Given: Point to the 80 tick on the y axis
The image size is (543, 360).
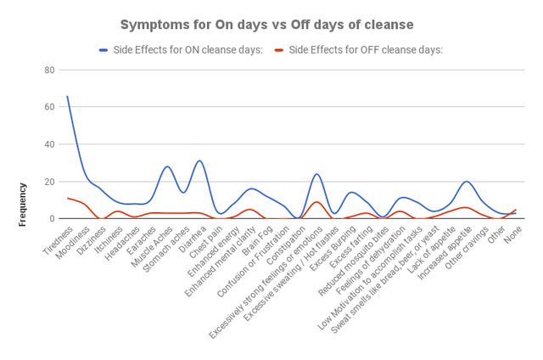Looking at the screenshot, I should pos(50,70).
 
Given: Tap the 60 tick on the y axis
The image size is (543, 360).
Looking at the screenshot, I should pos(50,107).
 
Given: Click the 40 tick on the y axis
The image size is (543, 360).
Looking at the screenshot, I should pos(50,144).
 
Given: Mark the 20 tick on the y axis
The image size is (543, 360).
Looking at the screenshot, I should pos(50,182).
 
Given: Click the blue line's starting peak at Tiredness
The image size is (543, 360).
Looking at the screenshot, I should pos(67,96).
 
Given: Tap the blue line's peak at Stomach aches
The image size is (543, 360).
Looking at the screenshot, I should pos(199,160).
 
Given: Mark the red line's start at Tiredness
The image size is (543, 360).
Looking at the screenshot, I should pos(67,198).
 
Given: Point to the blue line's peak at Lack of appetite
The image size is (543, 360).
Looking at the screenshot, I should pos(466,182).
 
